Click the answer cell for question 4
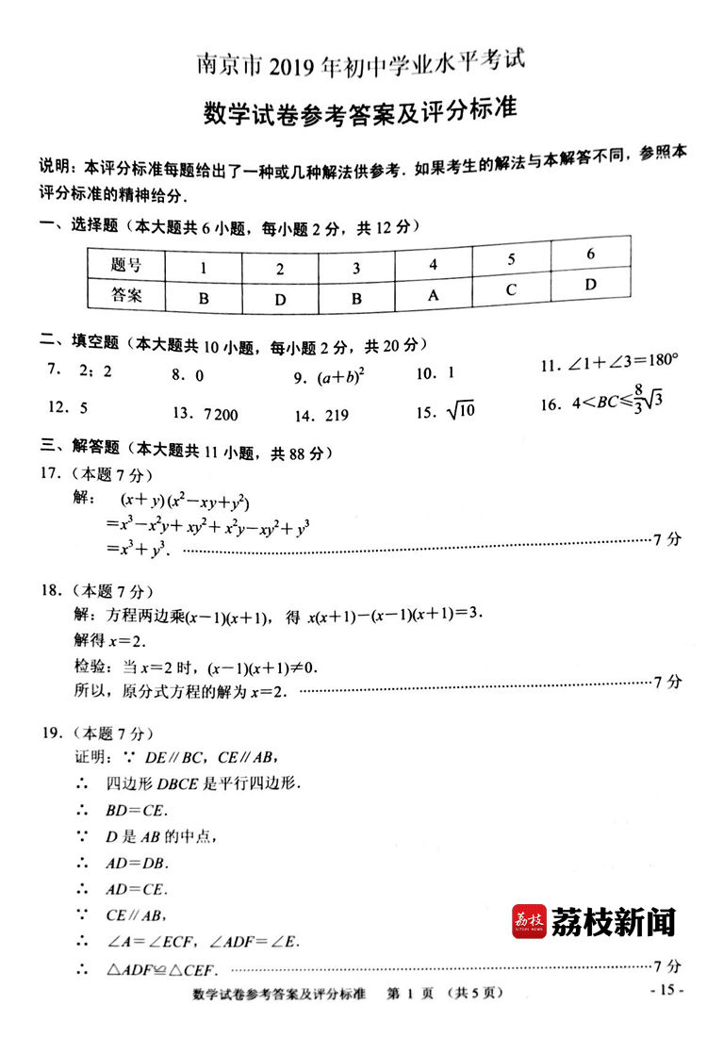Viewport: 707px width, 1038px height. point(434,294)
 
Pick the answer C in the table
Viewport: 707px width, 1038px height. point(511,289)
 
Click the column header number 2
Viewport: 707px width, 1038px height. point(280,269)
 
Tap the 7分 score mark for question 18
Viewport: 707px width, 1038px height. point(666,682)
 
